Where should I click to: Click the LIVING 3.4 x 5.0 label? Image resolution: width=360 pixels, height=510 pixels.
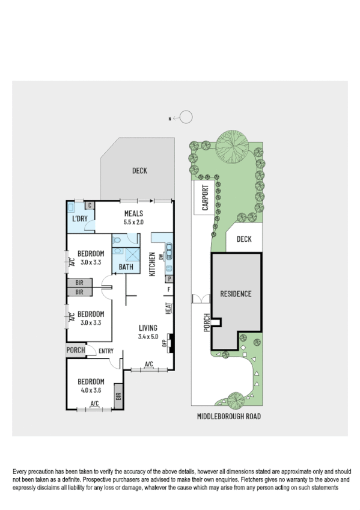(148, 327)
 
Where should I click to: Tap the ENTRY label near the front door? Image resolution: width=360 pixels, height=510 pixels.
(106, 351)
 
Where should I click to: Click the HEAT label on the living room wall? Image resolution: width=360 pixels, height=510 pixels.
(169, 309)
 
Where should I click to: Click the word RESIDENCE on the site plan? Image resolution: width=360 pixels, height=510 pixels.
(236, 294)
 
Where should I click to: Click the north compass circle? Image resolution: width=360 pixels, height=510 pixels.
(187, 118)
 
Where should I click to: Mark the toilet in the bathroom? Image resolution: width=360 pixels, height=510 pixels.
(117, 240)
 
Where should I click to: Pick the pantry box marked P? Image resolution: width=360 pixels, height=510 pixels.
(169, 279)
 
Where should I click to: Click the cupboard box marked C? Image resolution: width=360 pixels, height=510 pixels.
(88, 205)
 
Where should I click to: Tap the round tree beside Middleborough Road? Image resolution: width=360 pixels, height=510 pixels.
(234, 400)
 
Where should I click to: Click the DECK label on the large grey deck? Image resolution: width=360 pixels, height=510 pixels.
(139, 171)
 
